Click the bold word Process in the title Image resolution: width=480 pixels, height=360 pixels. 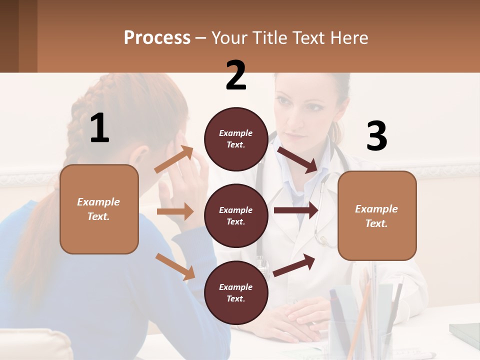[157, 38]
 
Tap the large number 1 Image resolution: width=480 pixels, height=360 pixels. [99, 128]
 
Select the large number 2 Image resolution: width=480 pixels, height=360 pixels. [236, 75]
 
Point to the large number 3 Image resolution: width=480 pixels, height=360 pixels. [376, 136]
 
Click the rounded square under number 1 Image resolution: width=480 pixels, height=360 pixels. [99, 209]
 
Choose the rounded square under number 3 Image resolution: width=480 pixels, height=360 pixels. [377, 215]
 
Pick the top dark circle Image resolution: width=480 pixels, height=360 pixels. [236, 139]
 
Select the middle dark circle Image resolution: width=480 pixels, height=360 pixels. [236, 215]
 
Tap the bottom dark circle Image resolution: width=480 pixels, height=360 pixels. [236, 292]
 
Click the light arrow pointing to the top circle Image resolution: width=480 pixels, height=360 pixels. [174, 159]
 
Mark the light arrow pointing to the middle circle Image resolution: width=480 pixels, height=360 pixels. [175, 211]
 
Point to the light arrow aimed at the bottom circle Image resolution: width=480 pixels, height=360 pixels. [175, 266]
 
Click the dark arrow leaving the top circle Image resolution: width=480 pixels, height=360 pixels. [298, 159]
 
